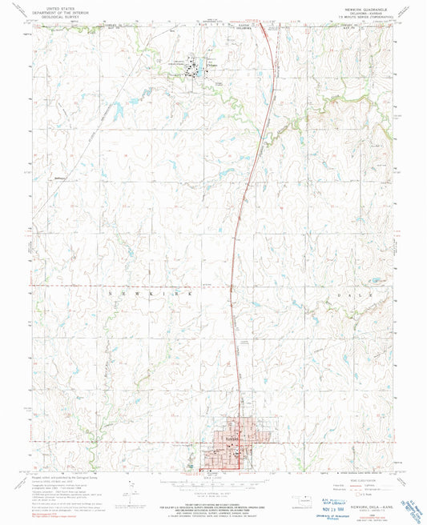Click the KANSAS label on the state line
click(x=234, y=24)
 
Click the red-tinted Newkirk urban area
click(x=228, y=448)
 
